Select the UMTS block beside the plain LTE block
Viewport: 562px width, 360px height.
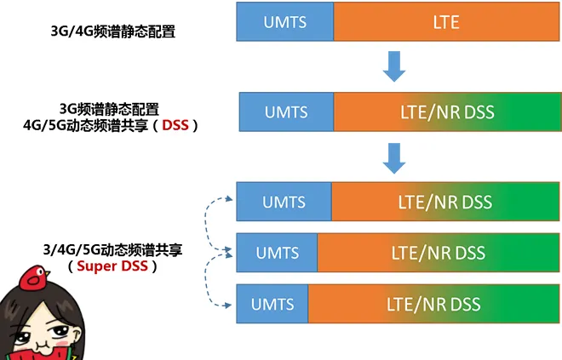click(285, 22)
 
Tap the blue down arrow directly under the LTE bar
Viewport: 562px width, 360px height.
click(393, 67)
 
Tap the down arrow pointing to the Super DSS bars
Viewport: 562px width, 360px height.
click(393, 157)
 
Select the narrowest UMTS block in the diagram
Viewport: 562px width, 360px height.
click(273, 304)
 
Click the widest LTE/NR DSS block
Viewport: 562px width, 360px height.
click(433, 304)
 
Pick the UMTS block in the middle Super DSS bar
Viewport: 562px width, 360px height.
click(277, 253)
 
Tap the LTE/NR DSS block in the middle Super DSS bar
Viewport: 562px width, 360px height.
click(438, 253)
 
